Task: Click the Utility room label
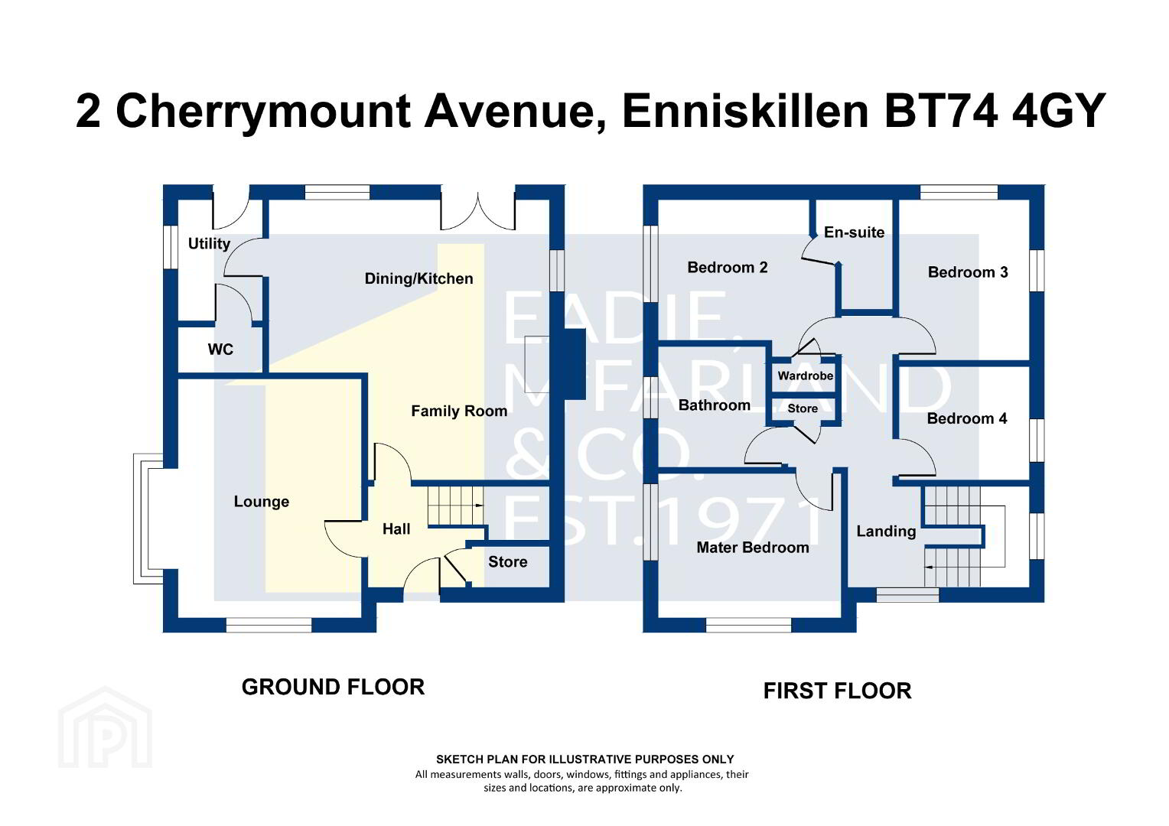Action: (x=209, y=244)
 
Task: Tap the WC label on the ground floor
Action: (x=220, y=349)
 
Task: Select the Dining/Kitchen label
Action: (x=418, y=278)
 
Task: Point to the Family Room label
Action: (x=459, y=411)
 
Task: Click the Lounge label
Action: (x=262, y=502)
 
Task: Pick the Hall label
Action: (x=396, y=529)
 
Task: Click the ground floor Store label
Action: (x=508, y=562)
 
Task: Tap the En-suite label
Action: (x=855, y=233)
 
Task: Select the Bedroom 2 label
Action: (x=728, y=268)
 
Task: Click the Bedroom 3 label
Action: (x=968, y=272)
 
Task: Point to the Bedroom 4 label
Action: (x=967, y=418)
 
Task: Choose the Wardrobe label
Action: (x=806, y=376)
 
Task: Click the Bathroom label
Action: (x=715, y=405)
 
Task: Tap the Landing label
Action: (x=886, y=532)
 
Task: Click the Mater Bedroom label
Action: (x=753, y=548)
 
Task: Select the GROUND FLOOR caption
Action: (x=333, y=688)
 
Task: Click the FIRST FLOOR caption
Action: (x=838, y=691)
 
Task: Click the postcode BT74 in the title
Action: (x=940, y=111)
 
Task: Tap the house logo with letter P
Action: (x=105, y=727)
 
